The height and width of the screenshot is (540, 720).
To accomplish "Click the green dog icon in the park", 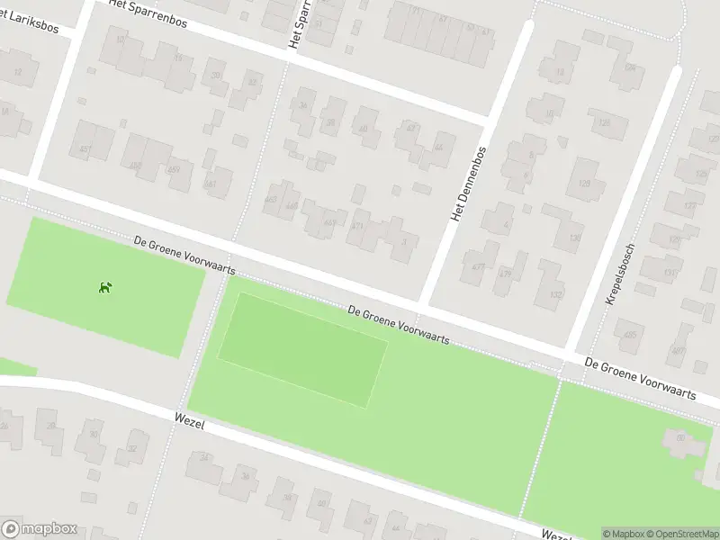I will tap(105, 287).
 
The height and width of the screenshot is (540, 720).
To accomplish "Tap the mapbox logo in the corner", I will tap(38, 529).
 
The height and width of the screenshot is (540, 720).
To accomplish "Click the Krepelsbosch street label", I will tap(620, 273).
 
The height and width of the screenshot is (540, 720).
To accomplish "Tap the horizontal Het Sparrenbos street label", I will tap(148, 14).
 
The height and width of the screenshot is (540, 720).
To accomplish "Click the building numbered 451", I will tap(86, 149).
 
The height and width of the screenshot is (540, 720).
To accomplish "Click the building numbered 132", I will tap(555, 293).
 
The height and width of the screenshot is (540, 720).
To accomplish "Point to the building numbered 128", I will tap(604, 123).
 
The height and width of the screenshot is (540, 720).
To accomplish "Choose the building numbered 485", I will tap(629, 335).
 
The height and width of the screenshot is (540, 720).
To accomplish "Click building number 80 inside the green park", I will tap(680, 438).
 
